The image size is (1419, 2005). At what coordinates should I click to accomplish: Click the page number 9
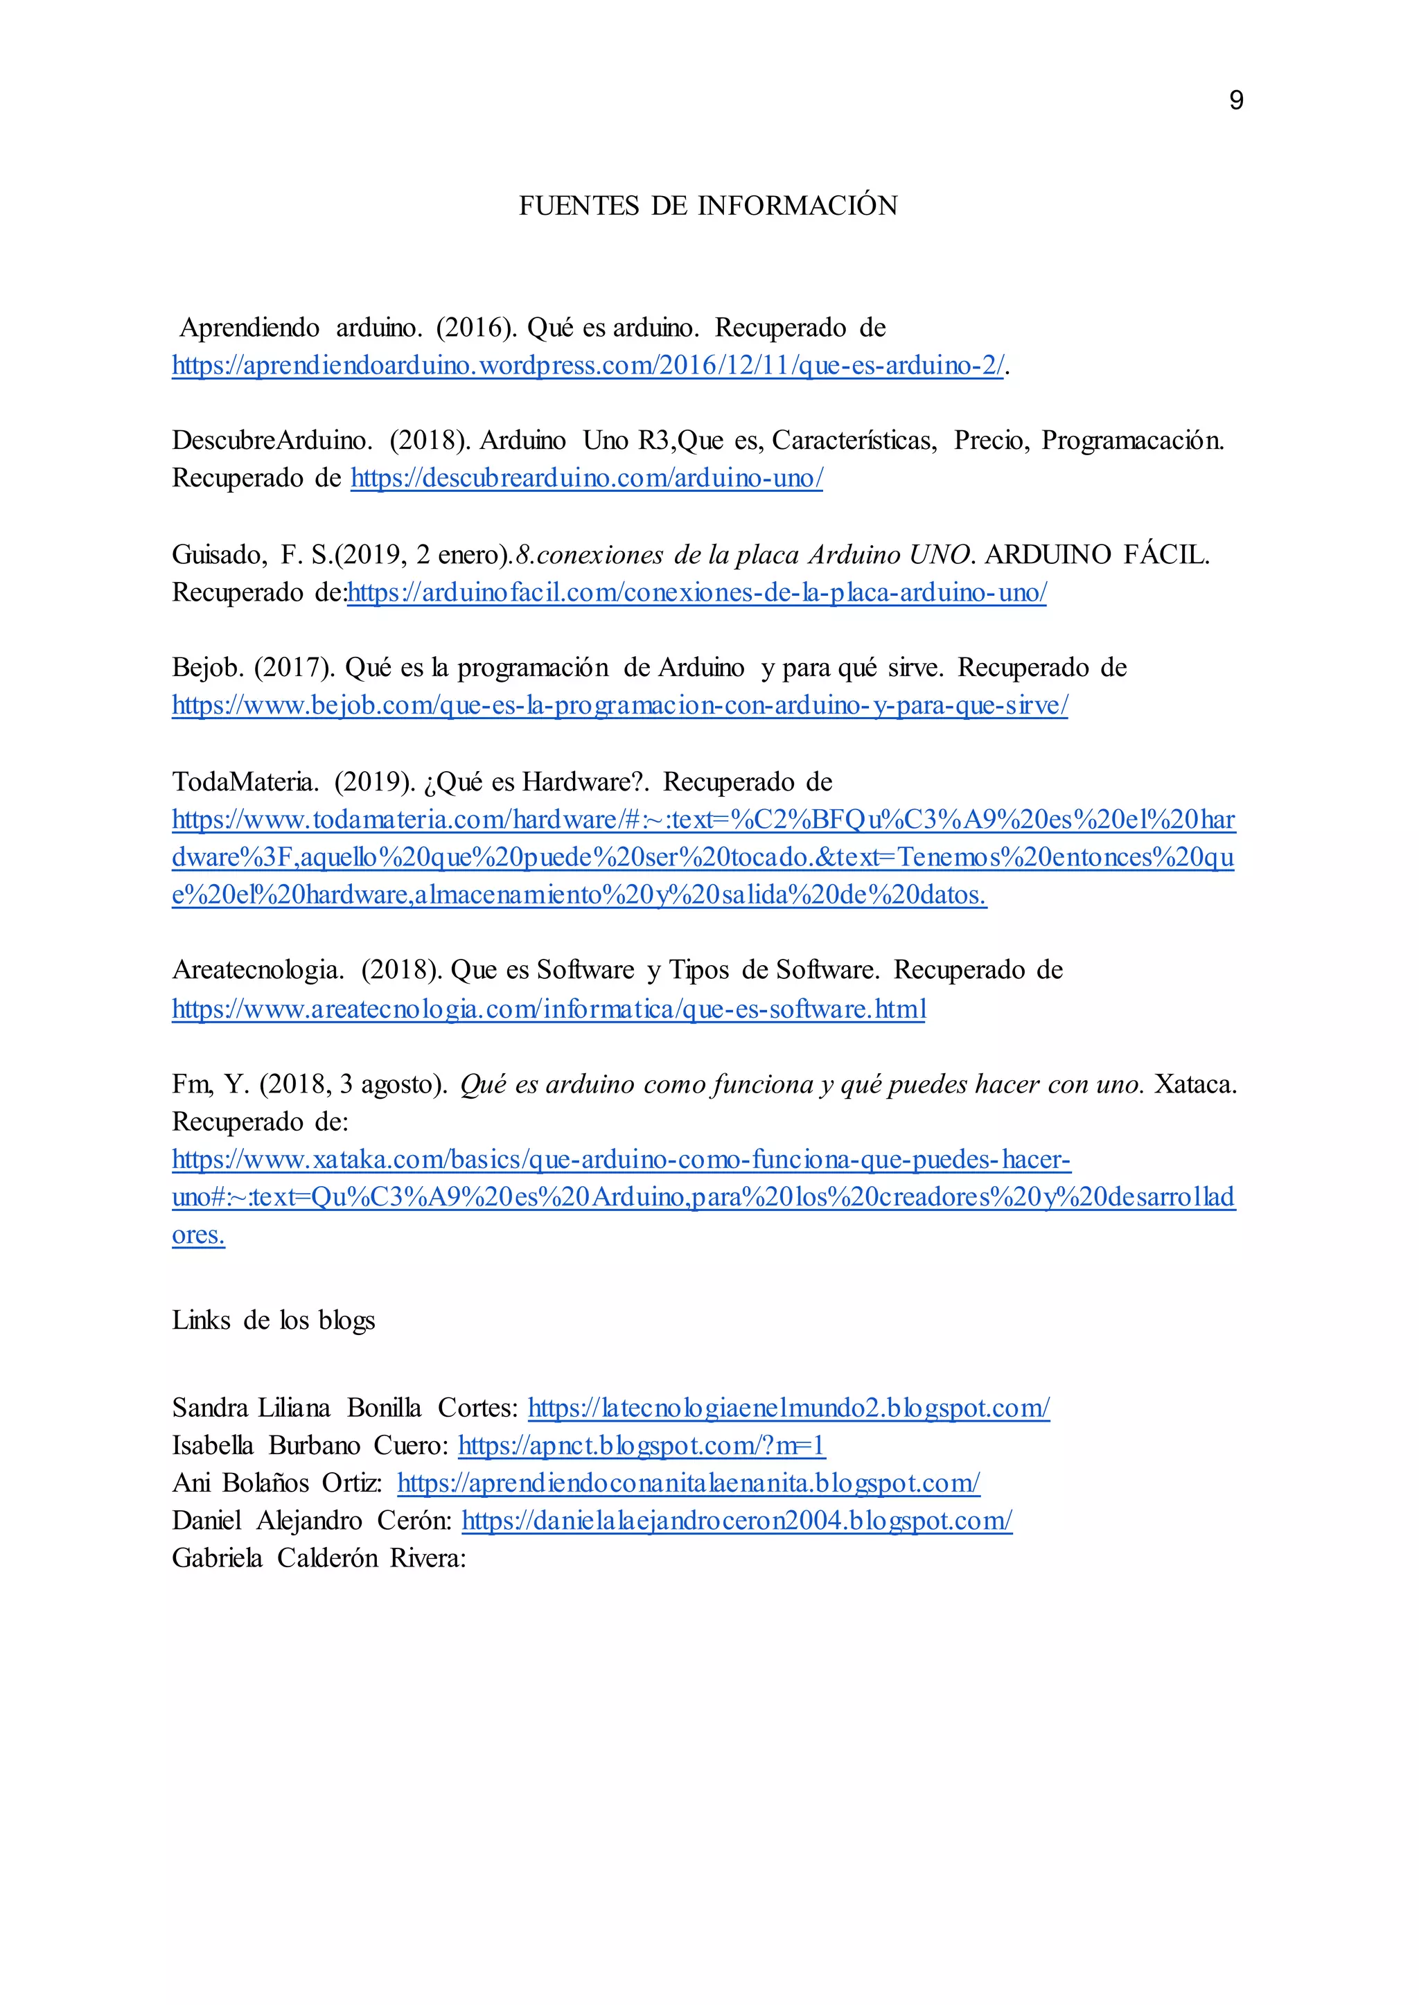1235,100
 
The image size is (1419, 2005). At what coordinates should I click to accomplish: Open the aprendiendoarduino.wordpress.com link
587,365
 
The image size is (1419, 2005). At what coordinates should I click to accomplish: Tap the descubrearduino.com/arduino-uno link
586,479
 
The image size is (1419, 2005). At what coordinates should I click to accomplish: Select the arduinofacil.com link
696,592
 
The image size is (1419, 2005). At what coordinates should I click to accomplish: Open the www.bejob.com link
619,705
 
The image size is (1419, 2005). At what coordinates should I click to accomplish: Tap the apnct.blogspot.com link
642,1446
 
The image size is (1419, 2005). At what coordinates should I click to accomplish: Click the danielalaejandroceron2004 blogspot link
737,1521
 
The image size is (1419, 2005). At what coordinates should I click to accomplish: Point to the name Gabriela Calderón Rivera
318,1559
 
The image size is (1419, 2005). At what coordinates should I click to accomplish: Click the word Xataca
1195,1084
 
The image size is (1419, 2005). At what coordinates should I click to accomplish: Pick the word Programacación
1132,441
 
